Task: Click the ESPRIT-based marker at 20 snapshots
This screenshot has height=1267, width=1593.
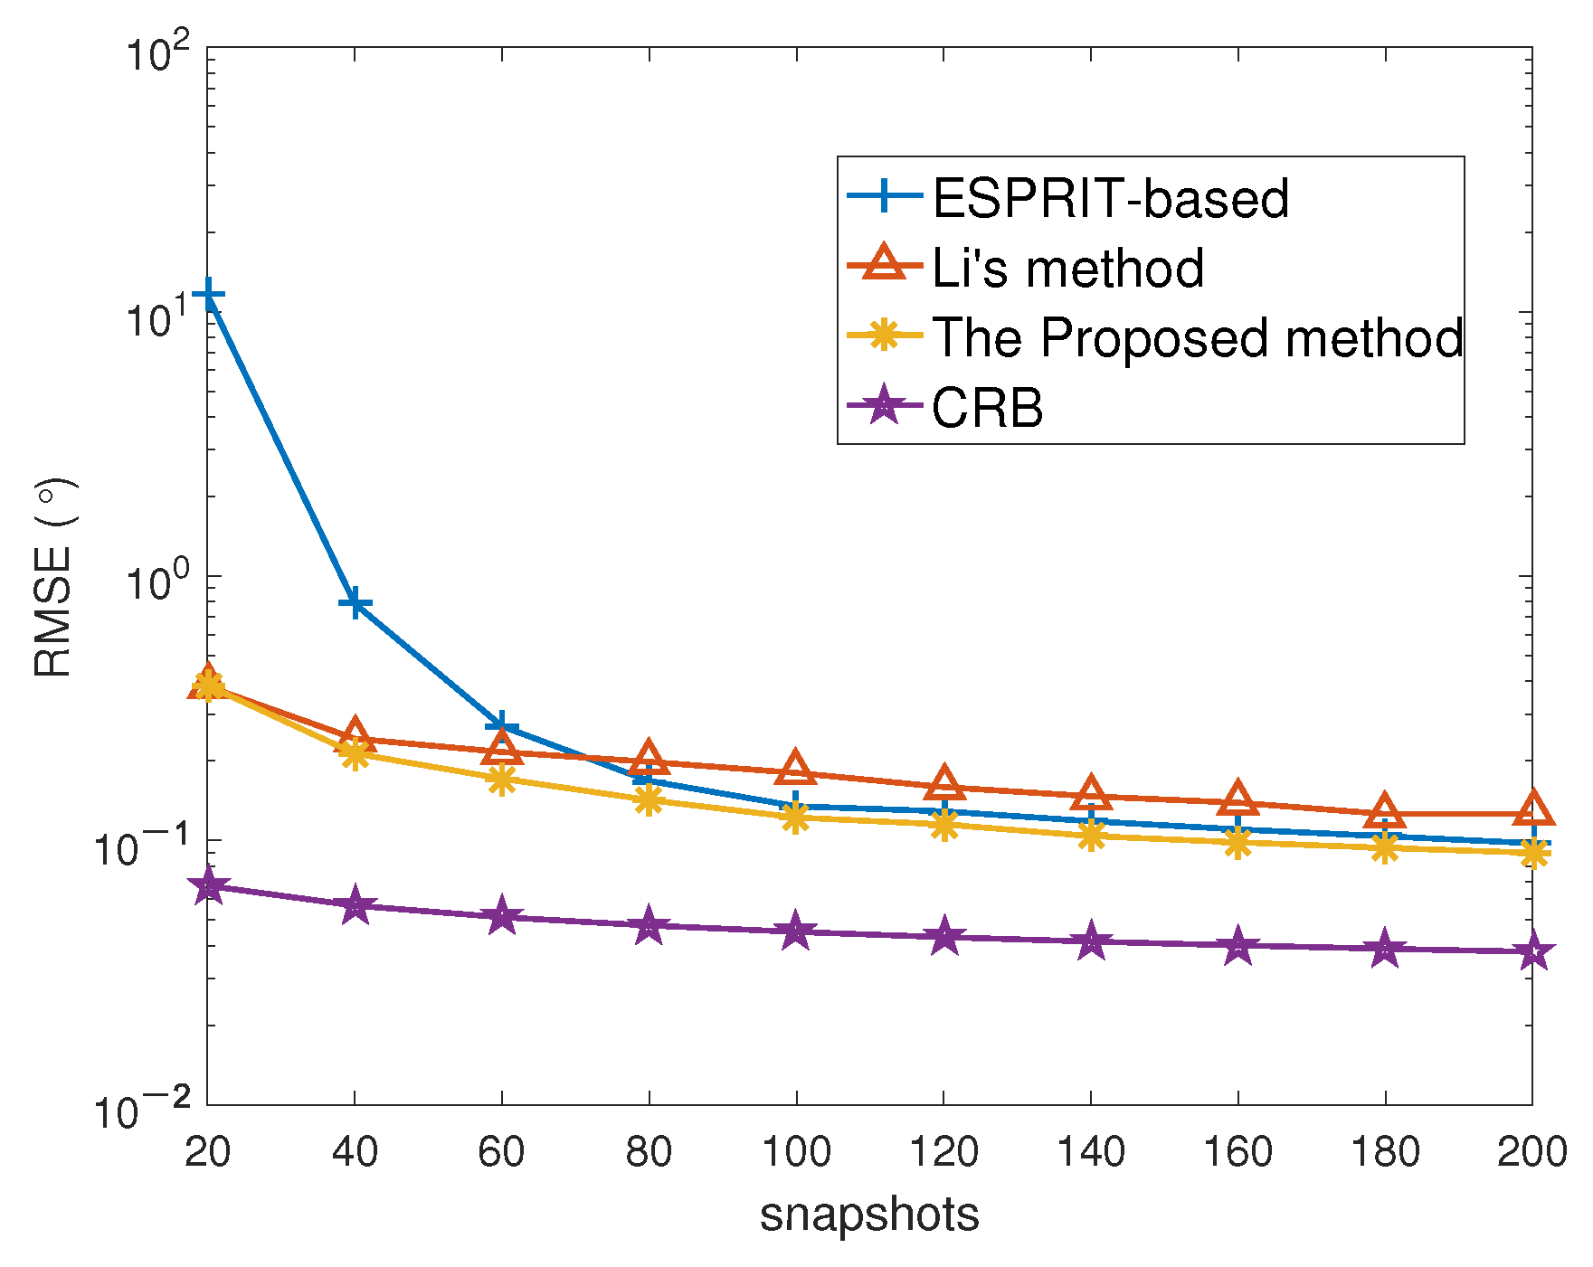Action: pyautogui.click(x=208, y=295)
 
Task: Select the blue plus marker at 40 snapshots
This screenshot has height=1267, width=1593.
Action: pyautogui.click(x=356, y=603)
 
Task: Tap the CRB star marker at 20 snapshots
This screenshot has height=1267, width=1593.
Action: pyautogui.click(x=208, y=886)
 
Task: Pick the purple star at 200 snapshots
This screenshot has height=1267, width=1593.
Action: pyautogui.click(x=1532, y=952)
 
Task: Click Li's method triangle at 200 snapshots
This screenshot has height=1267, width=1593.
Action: pyautogui.click(x=1532, y=810)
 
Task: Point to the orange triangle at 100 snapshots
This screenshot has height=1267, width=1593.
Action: pyautogui.click(x=796, y=769)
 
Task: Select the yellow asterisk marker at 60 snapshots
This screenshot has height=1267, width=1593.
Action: pyautogui.click(x=502, y=780)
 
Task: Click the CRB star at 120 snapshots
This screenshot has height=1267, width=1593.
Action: pyautogui.click(x=943, y=937)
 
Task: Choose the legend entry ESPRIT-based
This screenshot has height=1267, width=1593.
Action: pyautogui.click(x=1110, y=198)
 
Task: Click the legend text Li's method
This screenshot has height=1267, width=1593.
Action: pyautogui.click(x=1067, y=268)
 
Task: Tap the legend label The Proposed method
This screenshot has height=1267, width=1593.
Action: pyautogui.click(x=1197, y=337)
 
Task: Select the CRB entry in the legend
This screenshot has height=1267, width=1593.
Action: pyautogui.click(x=987, y=408)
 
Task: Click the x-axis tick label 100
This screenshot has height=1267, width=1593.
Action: pyautogui.click(x=796, y=1152)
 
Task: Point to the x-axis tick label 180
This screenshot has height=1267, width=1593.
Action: pyautogui.click(x=1385, y=1152)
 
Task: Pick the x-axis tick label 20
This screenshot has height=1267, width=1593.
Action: pyautogui.click(x=208, y=1152)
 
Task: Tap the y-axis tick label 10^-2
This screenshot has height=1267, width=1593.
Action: pyautogui.click(x=145, y=1108)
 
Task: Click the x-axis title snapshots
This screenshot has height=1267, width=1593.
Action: pyautogui.click(x=869, y=1215)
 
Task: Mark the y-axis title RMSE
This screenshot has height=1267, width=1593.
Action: pyautogui.click(x=54, y=579)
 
